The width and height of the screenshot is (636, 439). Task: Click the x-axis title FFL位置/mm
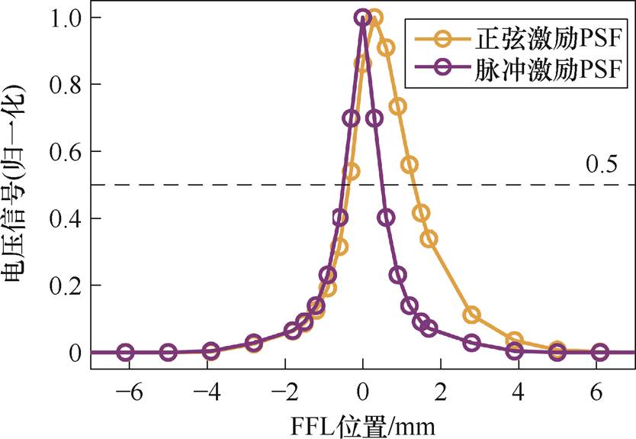(362, 422)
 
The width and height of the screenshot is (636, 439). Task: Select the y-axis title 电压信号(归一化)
(19, 186)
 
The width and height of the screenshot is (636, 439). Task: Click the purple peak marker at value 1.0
(363, 17)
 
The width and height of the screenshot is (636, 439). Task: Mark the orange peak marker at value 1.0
(374, 17)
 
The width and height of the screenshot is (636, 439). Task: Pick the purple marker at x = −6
(126, 352)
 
